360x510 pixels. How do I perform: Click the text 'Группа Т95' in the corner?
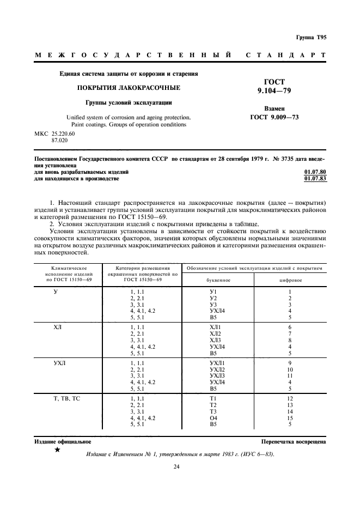click(x=311, y=38)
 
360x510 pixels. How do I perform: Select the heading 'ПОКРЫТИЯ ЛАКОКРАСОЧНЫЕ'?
click(x=128, y=87)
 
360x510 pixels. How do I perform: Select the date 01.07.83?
click(x=315, y=178)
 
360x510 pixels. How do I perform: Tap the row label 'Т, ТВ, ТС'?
click(x=67, y=398)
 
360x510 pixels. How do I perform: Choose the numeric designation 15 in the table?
click(x=290, y=418)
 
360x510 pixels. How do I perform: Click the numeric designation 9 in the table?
click(x=290, y=362)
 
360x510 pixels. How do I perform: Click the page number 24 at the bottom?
click(x=176, y=466)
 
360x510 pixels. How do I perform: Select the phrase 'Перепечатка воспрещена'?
click(x=294, y=442)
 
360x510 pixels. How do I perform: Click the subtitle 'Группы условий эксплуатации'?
click(x=128, y=102)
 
